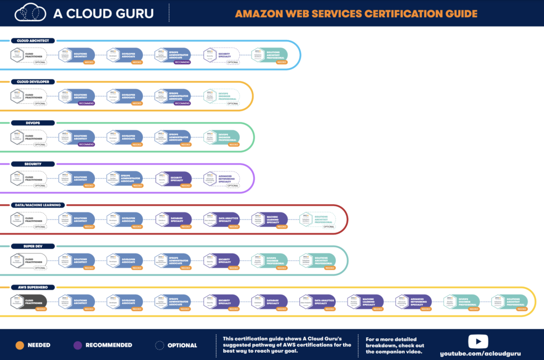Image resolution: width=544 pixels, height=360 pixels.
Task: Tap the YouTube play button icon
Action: pos(478,341)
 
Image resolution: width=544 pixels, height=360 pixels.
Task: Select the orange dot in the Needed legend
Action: pos(19,345)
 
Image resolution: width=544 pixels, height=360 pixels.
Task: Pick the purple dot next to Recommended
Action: pos(78,345)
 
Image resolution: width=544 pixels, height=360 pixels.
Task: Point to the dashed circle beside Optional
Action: pos(160,345)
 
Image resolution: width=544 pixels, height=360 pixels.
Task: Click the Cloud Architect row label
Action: pos(33,40)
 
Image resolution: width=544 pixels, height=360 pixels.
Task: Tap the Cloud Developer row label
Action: pos(33,82)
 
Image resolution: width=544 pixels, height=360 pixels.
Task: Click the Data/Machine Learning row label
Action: pos(39,205)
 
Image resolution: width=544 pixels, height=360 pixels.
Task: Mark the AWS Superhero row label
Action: pos(31,287)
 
